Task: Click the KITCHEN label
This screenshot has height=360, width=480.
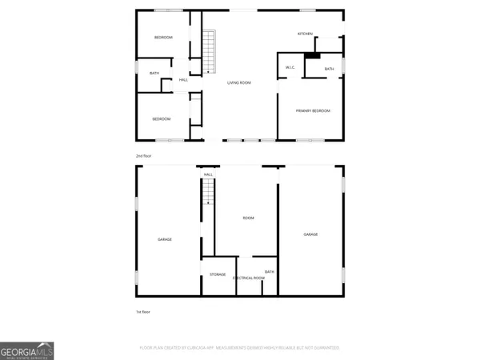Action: click(x=305, y=34)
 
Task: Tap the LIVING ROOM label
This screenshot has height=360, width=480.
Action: click(x=239, y=82)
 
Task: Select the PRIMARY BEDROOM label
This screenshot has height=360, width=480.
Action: click(x=313, y=110)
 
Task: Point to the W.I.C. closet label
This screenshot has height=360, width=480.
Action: click(x=290, y=67)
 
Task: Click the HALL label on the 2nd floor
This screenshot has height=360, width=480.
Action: click(x=183, y=80)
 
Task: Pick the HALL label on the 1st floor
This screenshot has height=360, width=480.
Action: click(x=208, y=174)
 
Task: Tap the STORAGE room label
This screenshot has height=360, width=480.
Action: click(x=218, y=274)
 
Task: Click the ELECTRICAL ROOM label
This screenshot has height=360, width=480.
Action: click(x=249, y=278)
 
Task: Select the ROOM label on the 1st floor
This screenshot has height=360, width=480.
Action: click(x=249, y=218)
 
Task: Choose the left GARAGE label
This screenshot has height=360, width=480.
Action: click(x=165, y=239)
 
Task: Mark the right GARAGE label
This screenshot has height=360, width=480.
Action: click(x=310, y=234)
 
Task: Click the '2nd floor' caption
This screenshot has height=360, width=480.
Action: click(x=143, y=155)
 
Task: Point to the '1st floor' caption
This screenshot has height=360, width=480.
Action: click(x=142, y=311)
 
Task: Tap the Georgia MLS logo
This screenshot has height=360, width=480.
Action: click(x=27, y=350)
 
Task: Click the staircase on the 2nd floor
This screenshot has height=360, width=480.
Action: click(x=210, y=52)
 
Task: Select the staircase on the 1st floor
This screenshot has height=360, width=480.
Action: click(x=208, y=192)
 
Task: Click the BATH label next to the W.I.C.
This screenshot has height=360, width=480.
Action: click(x=329, y=70)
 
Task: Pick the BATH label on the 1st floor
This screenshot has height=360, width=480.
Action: click(x=270, y=272)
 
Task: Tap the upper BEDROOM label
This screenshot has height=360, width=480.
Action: click(x=163, y=38)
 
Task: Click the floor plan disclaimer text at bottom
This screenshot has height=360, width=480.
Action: click(x=240, y=348)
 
